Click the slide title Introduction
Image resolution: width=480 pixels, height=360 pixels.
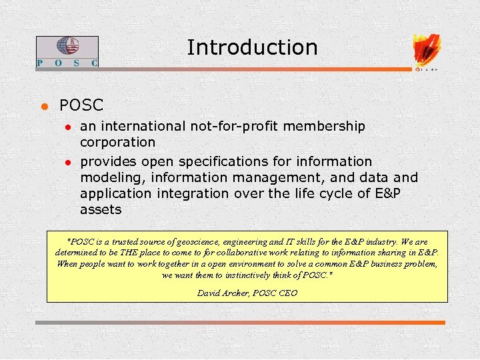[x=252, y=47]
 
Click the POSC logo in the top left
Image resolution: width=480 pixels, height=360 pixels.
[x=67, y=51]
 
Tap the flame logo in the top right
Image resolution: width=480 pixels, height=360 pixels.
[x=427, y=50]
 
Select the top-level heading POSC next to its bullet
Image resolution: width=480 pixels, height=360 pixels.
[x=81, y=105]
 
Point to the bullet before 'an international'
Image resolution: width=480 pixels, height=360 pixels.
[x=67, y=127]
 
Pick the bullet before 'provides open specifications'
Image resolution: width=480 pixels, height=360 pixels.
[x=67, y=162]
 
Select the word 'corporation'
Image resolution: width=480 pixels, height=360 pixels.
[x=117, y=142]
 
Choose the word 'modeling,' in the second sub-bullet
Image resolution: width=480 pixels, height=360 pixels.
[x=113, y=177]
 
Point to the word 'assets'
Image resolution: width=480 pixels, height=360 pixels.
[x=101, y=209]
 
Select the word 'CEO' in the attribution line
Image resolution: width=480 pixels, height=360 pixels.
[x=287, y=293]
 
